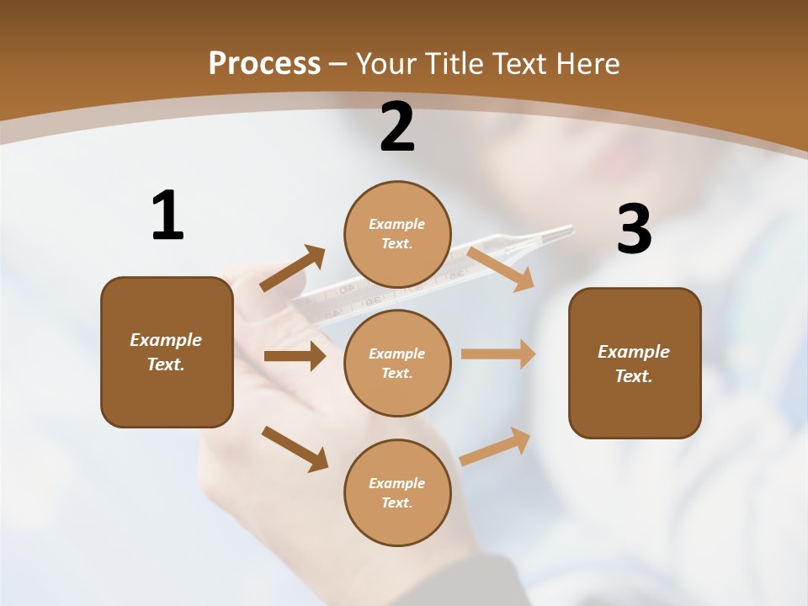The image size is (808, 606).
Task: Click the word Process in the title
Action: pyautogui.click(x=264, y=63)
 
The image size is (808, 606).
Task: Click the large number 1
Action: pyautogui.click(x=167, y=215)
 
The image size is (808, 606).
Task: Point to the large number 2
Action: pyautogui.click(x=397, y=128)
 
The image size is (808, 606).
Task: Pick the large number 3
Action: pyautogui.click(x=634, y=230)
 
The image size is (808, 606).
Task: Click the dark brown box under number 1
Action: pyautogui.click(x=167, y=352)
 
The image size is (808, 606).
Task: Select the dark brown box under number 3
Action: pyautogui.click(x=635, y=363)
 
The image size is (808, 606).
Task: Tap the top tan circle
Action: pyautogui.click(x=397, y=234)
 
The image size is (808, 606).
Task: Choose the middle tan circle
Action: pyautogui.click(x=397, y=363)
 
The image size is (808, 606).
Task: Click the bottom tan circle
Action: pyautogui.click(x=397, y=492)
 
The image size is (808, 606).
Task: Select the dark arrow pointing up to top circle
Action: pyautogui.click(x=293, y=268)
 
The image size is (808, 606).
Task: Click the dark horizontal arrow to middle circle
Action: pyautogui.click(x=295, y=356)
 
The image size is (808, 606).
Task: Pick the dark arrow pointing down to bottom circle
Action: pyautogui.click(x=295, y=449)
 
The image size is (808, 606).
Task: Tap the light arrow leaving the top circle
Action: pyautogui.click(x=501, y=268)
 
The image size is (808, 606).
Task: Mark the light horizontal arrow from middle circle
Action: pyautogui.click(x=498, y=354)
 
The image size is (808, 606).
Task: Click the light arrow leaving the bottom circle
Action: pyautogui.click(x=496, y=446)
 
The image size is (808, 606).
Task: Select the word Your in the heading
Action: pyautogui.click(x=387, y=63)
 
